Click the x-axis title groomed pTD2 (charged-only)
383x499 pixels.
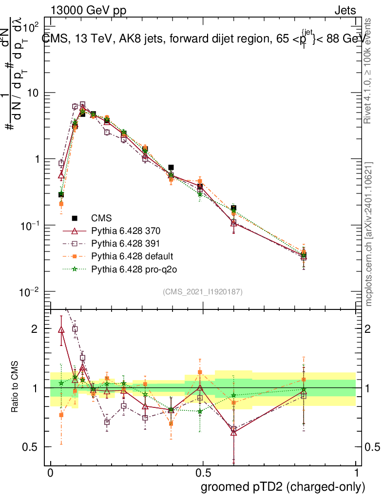(x=283, y=487)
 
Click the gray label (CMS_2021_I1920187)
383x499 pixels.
(x=203, y=291)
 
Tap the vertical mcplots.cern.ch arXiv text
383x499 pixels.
(x=369, y=234)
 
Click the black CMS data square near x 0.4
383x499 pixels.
(x=171, y=167)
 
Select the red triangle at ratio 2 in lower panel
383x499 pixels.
(x=61, y=329)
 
